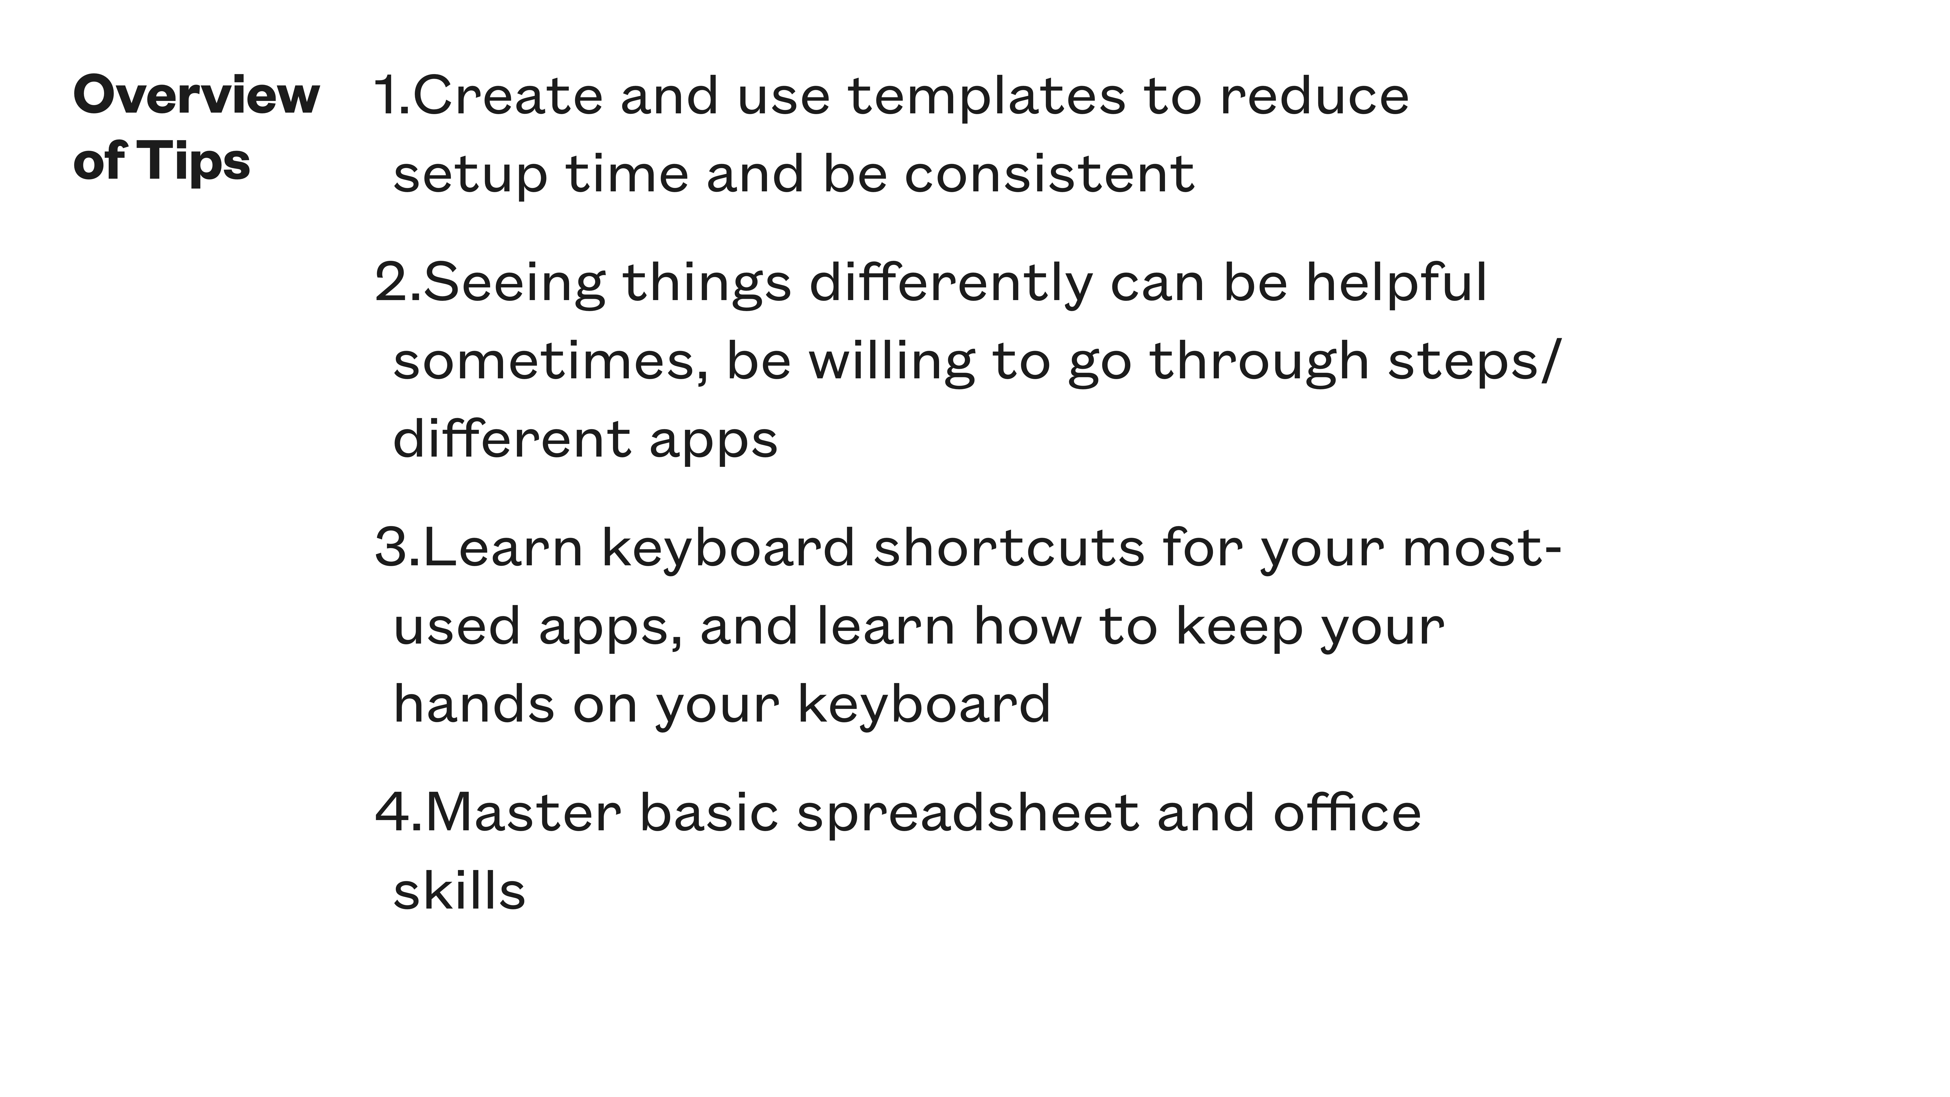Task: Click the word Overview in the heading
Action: point(196,96)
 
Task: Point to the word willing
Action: point(892,362)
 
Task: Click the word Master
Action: point(523,812)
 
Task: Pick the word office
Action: point(1347,812)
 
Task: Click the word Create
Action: point(507,96)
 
